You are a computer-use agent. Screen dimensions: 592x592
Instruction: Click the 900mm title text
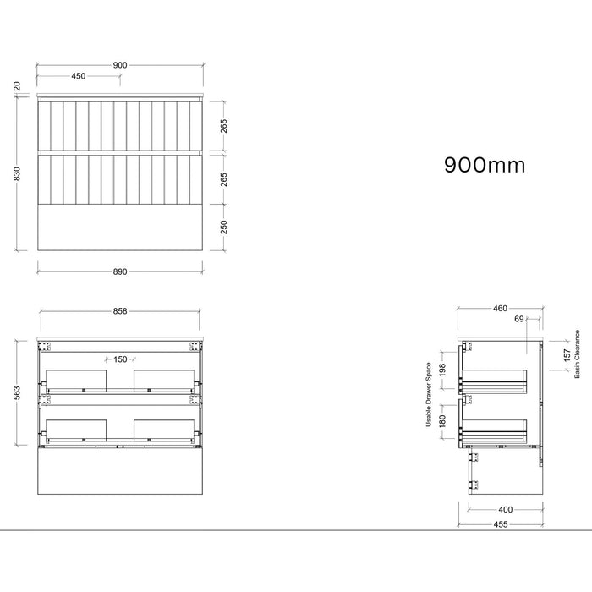tap(485, 165)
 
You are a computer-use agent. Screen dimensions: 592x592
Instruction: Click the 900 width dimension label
tap(120, 65)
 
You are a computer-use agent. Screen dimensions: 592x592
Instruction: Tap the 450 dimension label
tap(79, 76)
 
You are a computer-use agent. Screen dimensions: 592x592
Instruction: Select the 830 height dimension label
tap(17, 173)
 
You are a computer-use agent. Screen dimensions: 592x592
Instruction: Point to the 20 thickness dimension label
tap(17, 86)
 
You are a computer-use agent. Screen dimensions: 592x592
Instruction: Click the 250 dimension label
tap(224, 227)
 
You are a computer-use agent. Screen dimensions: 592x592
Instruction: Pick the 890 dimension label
tap(120, 271)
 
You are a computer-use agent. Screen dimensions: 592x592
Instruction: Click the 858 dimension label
tap(120, 311)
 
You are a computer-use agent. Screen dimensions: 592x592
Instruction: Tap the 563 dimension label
tap(17, 393)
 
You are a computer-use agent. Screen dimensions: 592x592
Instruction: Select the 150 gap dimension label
tap(120, 359)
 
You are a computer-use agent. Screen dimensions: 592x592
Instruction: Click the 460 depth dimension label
tap(500, 309)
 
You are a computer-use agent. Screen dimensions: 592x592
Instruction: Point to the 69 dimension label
tap(519, 319)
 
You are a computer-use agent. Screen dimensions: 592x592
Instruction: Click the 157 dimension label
tap(567, 355)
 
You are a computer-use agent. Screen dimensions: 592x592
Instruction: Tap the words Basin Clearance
tap(577, 354)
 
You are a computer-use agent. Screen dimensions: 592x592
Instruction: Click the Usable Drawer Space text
tap(429, 395)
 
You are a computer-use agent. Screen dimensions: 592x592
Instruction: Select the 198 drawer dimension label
tap(443, 370)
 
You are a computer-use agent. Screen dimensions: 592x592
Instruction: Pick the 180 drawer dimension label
tap(443, 421)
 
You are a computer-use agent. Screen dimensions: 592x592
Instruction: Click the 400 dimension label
tap(505, 510)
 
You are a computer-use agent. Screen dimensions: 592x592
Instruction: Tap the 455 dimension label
tap(501, 524)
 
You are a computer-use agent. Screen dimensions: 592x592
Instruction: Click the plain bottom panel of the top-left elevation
tap(120, 227)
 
